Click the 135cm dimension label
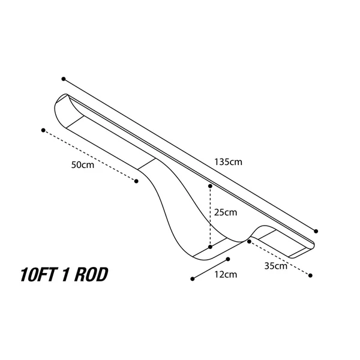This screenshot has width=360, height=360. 228,162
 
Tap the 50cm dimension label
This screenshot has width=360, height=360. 83,165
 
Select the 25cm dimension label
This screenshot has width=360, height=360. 226,212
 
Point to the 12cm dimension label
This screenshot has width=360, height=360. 226,274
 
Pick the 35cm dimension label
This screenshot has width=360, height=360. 276,266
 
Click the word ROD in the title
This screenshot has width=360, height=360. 91,275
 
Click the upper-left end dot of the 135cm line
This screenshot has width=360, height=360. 64,79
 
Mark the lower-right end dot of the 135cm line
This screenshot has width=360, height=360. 316,231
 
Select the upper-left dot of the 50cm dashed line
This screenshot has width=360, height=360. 43,130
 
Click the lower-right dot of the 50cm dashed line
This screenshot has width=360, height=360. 136,181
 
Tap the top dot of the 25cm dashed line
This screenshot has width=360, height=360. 210,186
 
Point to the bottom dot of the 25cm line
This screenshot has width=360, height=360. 210,247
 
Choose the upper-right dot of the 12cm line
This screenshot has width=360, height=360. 228,259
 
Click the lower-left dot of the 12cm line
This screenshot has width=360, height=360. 193,279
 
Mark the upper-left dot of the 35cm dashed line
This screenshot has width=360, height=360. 249,242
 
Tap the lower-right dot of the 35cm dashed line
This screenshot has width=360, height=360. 310,275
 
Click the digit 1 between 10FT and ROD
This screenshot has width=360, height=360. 65,275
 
